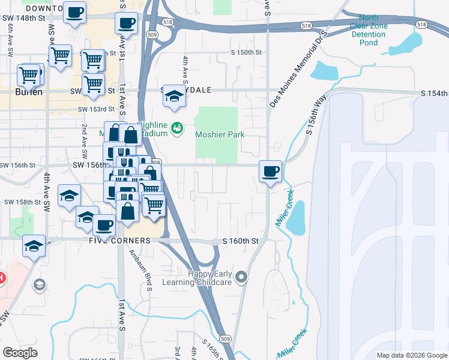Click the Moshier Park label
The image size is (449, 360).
tap(220, 135)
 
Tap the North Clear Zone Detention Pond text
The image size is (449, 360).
tap(372, 30)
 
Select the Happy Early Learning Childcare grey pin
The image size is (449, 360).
tap(241, 277)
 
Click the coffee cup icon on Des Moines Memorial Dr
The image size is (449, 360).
tap(271, 172)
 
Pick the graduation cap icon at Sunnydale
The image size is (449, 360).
tap(174, 96)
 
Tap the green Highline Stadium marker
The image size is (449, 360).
tap(176, 128)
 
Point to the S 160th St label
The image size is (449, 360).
tap(240, 241)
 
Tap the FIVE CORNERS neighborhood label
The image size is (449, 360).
tap(119, 241)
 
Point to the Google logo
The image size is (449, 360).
tap(20, 352)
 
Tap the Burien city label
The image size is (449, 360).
tap(29, 92)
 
